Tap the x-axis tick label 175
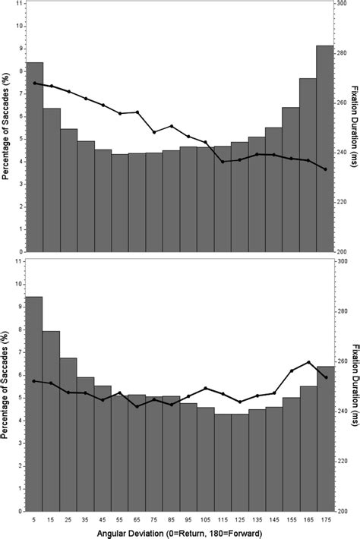click(x=325, y=519)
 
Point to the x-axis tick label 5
click(x=34, y=519)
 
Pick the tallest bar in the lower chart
click(x=34, y=402)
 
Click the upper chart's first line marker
click(x=35, y=83)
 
